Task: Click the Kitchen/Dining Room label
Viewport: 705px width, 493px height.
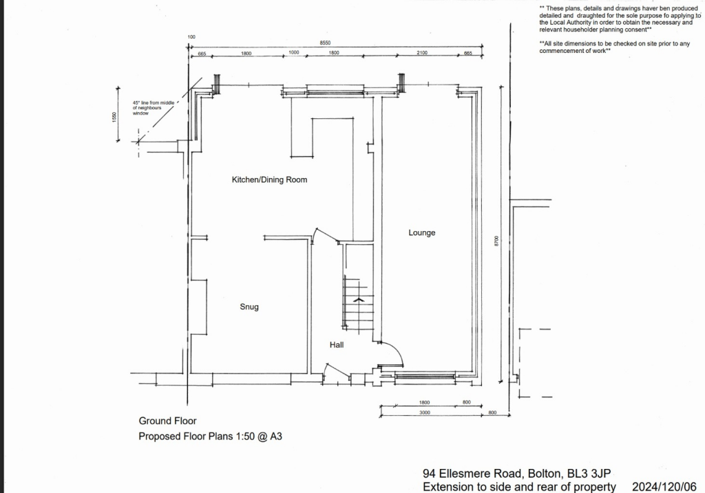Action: tap(269, 179)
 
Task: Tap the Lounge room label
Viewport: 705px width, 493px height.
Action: tap(421, 232)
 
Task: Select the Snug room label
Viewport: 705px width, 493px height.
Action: tap(249, 307)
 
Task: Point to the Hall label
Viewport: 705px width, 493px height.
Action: tap(336, 344)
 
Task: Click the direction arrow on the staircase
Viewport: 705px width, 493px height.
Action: tap(357, 300)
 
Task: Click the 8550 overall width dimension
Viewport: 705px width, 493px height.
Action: tap(335, 43)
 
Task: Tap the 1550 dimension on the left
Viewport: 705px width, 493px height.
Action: tap(116, 118)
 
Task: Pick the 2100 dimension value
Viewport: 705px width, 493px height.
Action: tap(422, 53)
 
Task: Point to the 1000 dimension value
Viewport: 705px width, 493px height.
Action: tap(293, 53)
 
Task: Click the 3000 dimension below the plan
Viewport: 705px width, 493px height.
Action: tap(424, 412)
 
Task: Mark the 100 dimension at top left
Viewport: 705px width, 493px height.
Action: tap(191, 36)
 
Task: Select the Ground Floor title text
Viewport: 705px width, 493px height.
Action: tap(167, 421)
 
